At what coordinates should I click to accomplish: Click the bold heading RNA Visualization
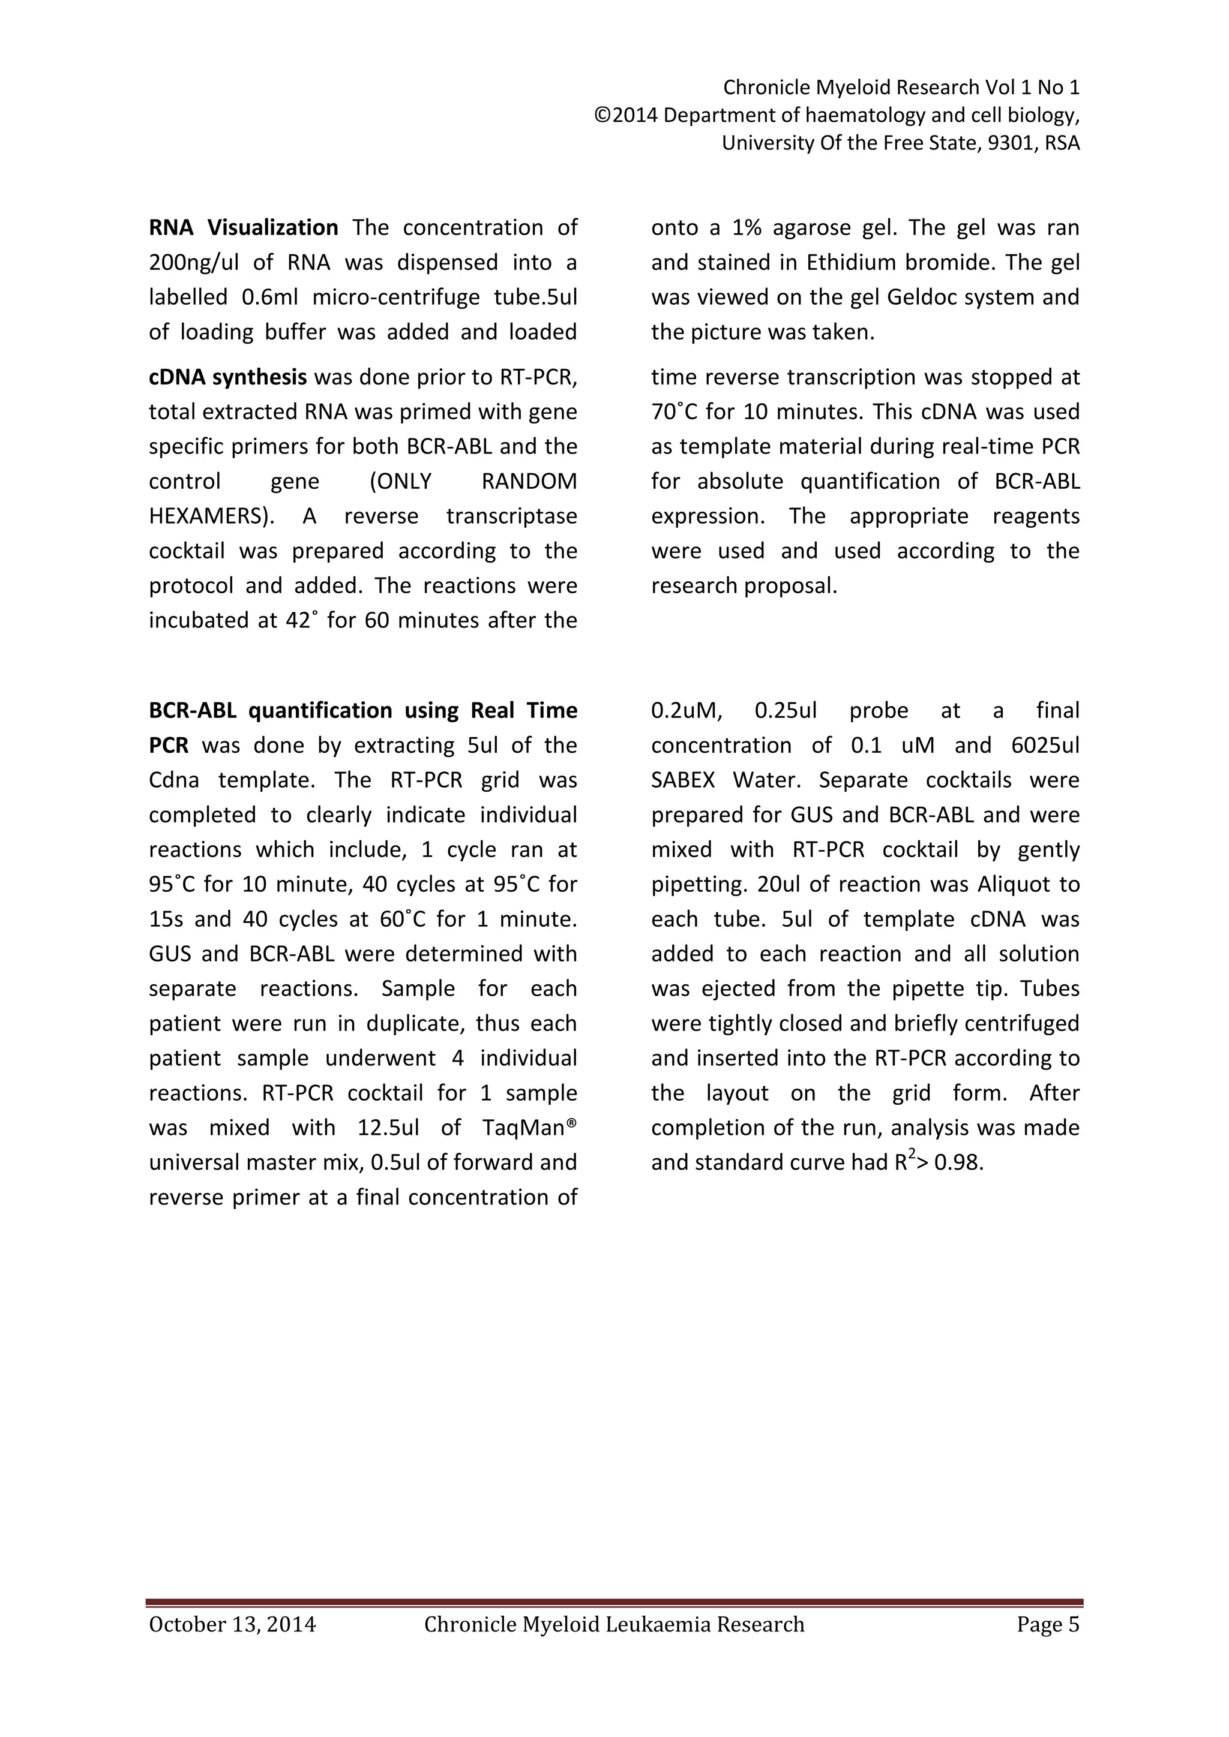coord(243,228)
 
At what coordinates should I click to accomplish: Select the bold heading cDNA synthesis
coord(227,377)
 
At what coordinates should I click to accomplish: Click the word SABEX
coord(682,780)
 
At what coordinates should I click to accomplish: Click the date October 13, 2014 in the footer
coord(232,1624)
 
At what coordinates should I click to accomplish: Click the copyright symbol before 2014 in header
coord(602,116)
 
